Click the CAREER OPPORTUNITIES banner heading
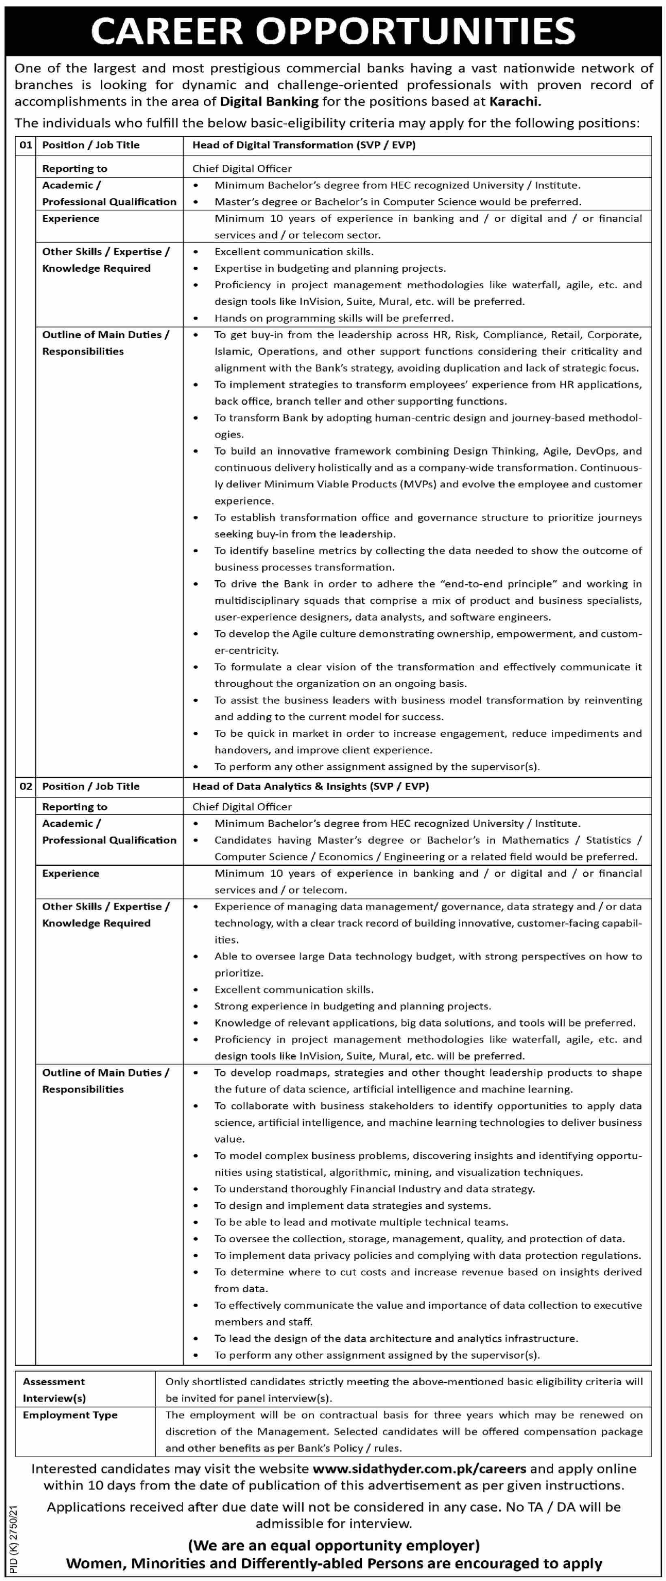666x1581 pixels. (333, 31)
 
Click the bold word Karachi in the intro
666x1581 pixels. (514, 102)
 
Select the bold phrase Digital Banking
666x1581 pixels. (269, 102)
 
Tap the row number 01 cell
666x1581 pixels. (26, 145)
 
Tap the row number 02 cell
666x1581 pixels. (26, 786)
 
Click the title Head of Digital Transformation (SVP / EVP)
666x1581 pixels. (304, 145)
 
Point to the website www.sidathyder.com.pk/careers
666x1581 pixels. (419, 1469)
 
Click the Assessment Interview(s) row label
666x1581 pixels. (54, 1390)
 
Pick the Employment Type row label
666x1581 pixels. (70, 1415)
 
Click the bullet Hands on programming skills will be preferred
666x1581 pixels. (334, 318)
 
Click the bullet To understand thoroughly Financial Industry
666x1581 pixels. (374, 1189)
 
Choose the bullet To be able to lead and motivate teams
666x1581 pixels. (361, 1222)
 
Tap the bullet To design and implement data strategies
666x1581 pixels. (352, 1206)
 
